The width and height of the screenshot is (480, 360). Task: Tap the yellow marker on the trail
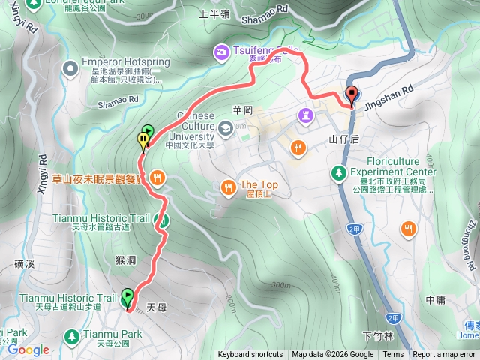[142, 139]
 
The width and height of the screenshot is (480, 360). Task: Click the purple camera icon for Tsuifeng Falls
[221, 52]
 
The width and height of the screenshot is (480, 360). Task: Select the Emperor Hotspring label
[122, 62]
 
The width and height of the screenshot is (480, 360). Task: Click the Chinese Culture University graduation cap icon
[225, 127]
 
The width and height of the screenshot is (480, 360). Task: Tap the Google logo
[28, 349]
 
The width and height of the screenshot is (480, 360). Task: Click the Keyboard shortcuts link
[250, 355]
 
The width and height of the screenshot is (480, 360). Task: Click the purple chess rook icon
[304, 115]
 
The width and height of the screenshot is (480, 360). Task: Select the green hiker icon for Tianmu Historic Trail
[160, 220]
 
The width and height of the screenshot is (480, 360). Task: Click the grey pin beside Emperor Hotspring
[70, 70]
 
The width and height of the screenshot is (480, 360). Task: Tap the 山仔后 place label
[344, 139]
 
